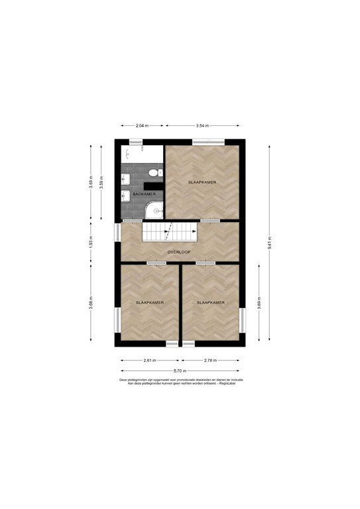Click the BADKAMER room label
pos(144,194)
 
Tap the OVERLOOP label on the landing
pos(180,252)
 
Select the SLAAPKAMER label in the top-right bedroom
pos(202,182)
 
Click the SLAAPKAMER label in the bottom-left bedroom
pos(149,302)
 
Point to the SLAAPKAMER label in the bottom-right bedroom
pos(210,302)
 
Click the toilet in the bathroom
pos(154,173)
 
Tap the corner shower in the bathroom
pos(155,210)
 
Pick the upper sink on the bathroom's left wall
pos(125,178)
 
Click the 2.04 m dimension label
pos(141,125)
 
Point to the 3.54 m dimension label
pos(202,125)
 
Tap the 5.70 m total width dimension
pos(180,371)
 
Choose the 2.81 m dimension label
pos(150,361)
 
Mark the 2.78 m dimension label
pos(210,361)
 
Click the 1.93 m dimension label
pos(91,242)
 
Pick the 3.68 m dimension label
pos(91,304)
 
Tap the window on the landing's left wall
pos(117,232)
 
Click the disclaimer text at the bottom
pos(180,382)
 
